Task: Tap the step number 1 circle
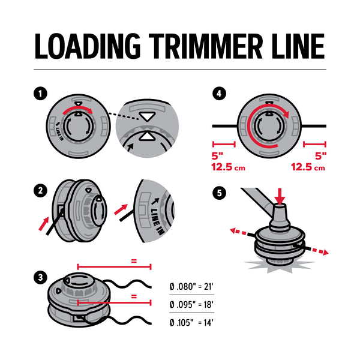pos(40,94)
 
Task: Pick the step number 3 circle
pos(40,277)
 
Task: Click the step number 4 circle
pos(220,94)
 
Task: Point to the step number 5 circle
pos(220,193)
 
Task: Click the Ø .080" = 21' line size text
pos(193,287)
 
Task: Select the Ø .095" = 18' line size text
pos(193,305)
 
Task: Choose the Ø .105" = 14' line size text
pos(193,322)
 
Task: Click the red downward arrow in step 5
pos(279,196)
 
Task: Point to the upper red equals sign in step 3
pos(134,262)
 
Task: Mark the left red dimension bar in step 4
pos(223,144)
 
